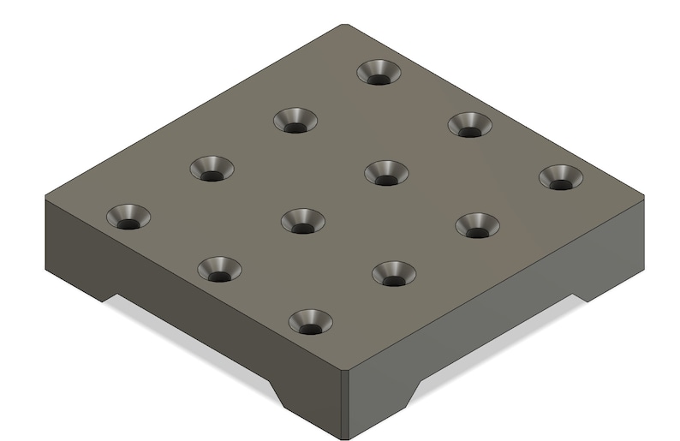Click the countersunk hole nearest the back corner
379,73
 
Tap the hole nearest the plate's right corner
560,178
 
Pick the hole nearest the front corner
310,323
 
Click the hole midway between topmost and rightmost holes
469,125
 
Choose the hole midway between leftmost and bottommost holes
219,270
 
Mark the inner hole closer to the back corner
386,173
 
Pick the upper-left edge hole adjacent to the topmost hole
295,121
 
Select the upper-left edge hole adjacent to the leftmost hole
212,169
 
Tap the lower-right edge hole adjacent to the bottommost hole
394,274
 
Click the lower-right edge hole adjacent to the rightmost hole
477,226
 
